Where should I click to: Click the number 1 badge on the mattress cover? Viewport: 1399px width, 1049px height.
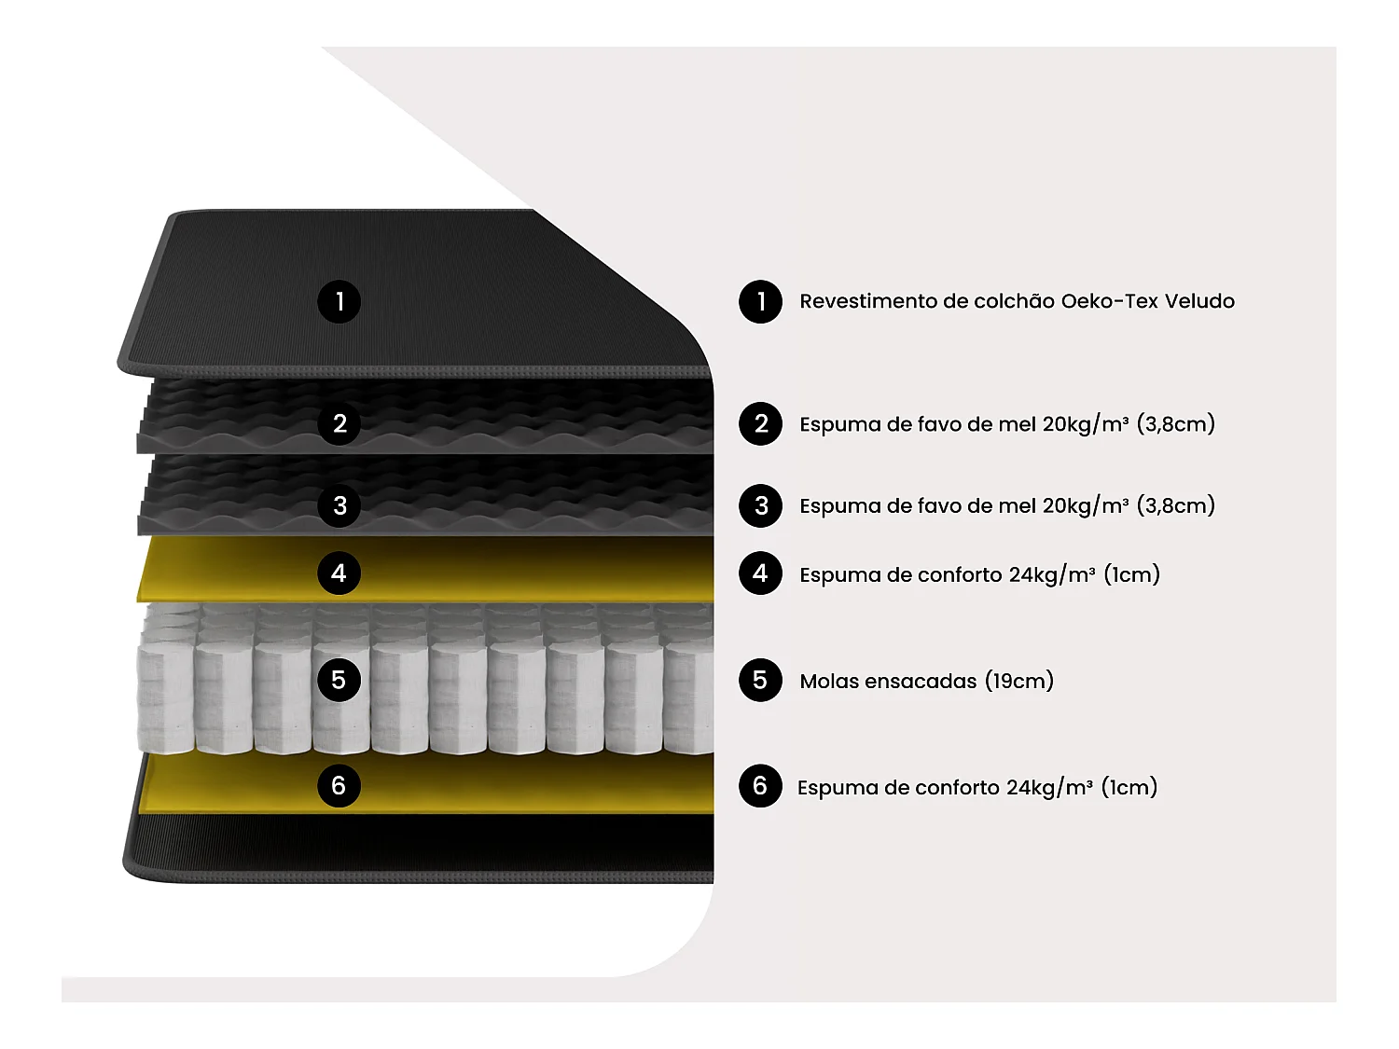coord(339,301)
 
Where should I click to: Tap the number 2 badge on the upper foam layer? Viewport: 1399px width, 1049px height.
coord(339,423)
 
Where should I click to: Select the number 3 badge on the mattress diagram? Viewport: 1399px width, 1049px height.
coord(339,505)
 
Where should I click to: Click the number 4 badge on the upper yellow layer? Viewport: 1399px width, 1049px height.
coord(339,573)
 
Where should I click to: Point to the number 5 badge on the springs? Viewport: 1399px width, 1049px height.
coord(339,680)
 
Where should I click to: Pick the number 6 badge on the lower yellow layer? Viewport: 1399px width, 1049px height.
coord(339,785)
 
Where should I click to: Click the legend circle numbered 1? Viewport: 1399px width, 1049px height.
coord(760,301)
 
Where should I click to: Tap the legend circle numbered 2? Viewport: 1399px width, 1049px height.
coord(760,423)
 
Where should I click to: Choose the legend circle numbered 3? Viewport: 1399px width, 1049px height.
coord(760,505)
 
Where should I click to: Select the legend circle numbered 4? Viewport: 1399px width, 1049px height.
coord(760,573)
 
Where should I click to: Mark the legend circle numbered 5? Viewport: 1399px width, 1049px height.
coord(760,680)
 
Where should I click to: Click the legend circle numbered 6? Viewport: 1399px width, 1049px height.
coord(760,786)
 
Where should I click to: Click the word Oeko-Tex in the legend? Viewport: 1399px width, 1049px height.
coord(1109,301)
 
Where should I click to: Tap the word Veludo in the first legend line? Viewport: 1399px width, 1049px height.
coord(1199,301)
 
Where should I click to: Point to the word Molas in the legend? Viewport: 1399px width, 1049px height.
coord(829,681)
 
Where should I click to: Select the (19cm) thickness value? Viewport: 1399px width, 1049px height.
coord(1019,681)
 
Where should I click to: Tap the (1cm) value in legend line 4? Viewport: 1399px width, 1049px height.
coord(1131,574)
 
